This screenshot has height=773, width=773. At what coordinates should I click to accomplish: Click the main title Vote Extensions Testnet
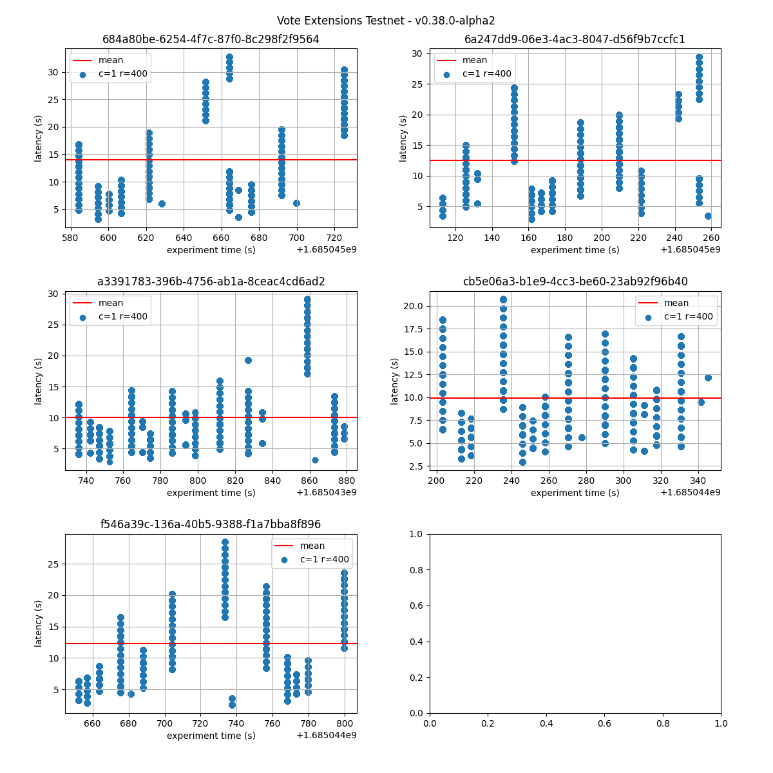386,21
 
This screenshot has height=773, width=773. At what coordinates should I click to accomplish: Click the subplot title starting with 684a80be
211,39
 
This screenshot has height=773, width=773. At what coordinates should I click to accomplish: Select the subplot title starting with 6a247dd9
575,39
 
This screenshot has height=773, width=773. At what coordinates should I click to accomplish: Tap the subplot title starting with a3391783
211,282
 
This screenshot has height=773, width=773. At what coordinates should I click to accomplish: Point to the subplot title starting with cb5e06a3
575,282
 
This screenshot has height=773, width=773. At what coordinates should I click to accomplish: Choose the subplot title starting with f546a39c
211,524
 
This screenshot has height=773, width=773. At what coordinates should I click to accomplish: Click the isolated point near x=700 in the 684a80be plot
296,203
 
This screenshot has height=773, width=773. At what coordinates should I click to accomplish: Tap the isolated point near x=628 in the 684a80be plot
162,204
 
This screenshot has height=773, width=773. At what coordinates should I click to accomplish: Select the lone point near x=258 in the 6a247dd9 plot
708,216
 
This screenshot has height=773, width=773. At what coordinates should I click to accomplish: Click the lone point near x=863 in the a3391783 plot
315,460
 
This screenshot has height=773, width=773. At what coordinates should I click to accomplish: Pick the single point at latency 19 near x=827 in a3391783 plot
248,360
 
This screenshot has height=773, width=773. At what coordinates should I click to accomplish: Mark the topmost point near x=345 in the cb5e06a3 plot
708,377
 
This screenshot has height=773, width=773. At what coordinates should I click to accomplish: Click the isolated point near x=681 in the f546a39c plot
131,694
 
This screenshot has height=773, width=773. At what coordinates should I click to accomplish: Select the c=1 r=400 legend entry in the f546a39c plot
323,560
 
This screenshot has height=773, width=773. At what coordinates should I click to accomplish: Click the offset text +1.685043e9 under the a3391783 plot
326,493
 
